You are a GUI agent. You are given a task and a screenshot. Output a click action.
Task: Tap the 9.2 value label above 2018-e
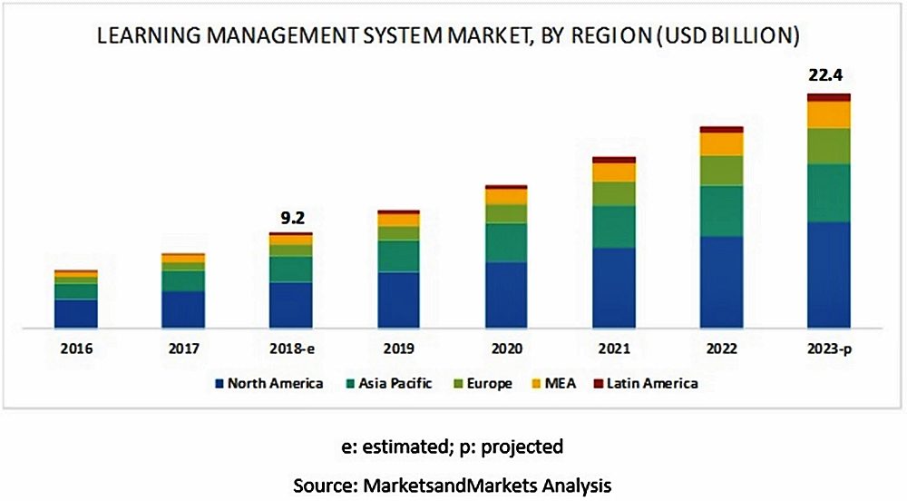[290, 217]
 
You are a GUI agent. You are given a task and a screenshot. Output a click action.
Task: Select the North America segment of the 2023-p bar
[829, 274]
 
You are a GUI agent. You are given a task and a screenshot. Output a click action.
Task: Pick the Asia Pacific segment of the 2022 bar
[721, 211]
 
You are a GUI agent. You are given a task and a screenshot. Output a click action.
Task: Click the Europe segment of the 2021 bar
[614, 193]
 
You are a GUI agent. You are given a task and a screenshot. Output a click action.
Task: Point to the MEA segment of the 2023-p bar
[829, 114]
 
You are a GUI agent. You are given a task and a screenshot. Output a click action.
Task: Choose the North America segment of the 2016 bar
[76, 312]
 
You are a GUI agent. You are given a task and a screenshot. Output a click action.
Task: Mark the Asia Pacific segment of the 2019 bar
[398, 256]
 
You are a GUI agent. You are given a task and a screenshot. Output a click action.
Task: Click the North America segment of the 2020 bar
[506, 294]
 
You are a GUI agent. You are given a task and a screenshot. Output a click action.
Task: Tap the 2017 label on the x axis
[183, 348]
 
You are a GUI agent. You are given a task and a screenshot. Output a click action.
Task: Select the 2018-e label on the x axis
[290, 348]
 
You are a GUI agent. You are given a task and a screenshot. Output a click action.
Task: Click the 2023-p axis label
[829, 348]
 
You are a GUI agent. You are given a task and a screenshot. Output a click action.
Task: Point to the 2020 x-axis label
[506, 348]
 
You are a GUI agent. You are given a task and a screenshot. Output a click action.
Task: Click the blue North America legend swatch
[219, 384]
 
